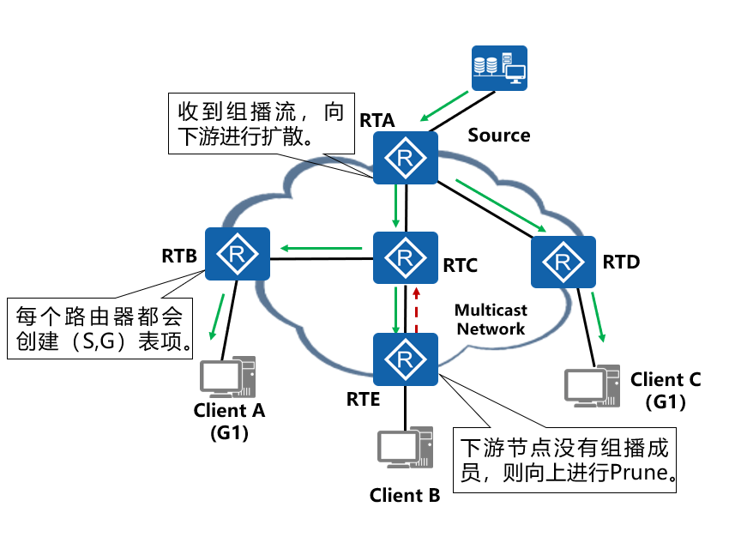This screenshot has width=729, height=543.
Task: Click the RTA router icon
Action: click(x=406, y=158)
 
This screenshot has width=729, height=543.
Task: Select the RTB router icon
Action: click(x=238, y=254)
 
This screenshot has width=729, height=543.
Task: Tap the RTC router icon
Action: click(x=406, y=258)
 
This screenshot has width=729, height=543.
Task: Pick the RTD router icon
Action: click(x=563, y=262)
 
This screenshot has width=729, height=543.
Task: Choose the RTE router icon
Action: click(x=406, y=359)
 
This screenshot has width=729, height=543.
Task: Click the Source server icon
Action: click(x=499, y=69)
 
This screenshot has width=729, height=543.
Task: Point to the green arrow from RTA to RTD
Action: click(x=502, y=206)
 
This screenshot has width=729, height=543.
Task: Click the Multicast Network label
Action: click(x=491, y=319)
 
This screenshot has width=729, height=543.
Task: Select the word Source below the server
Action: click(x=498, y=136)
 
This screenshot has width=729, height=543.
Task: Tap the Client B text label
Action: click(x=405, y=495)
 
